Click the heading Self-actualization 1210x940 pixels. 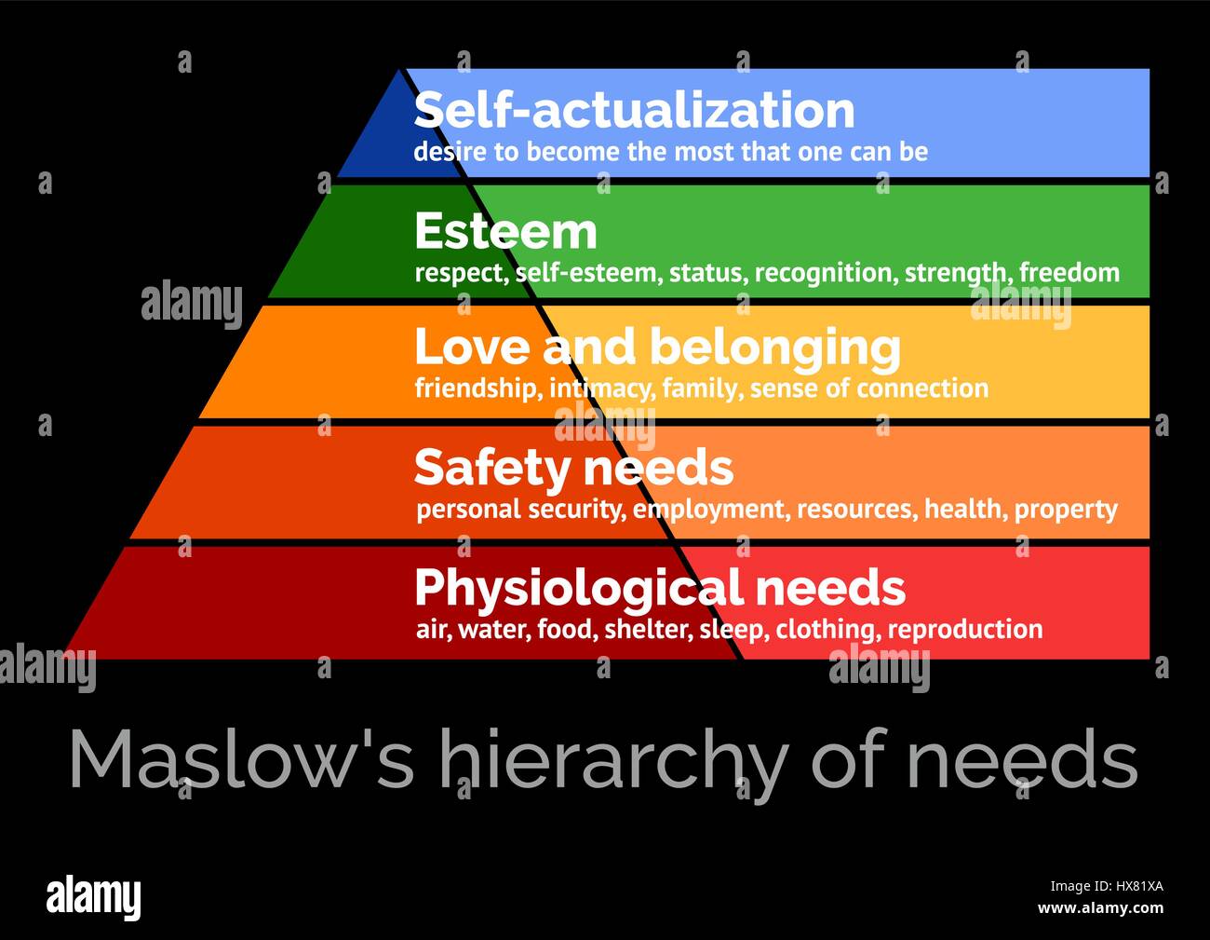634,110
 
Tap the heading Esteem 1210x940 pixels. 505,231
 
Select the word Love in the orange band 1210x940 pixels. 471,347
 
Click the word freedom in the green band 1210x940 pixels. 1069,273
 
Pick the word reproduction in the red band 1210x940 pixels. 965,629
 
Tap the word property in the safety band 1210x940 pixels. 1066,510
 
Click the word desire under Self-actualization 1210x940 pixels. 450,152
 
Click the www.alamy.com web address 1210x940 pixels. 1100,908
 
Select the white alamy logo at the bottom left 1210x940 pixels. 93,897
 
